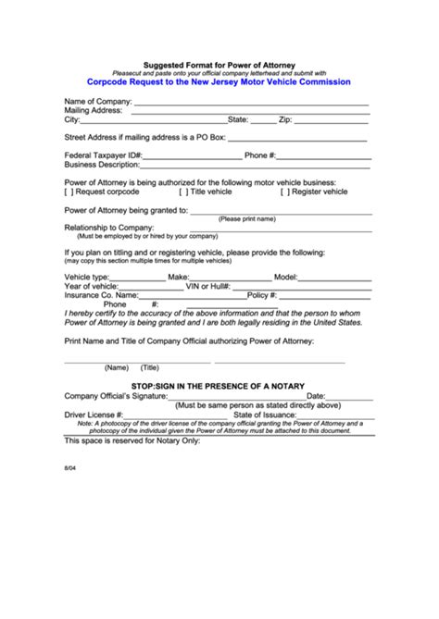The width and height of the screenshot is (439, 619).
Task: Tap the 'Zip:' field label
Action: [x=287, y=119]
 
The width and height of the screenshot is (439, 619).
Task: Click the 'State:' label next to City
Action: [x=238, y=119]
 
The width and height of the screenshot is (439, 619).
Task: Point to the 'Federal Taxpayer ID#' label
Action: [x=103, y=155]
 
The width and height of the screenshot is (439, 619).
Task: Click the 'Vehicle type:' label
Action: [x=86, y=277]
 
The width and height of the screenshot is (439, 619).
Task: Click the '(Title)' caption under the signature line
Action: [x=149, y=367]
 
